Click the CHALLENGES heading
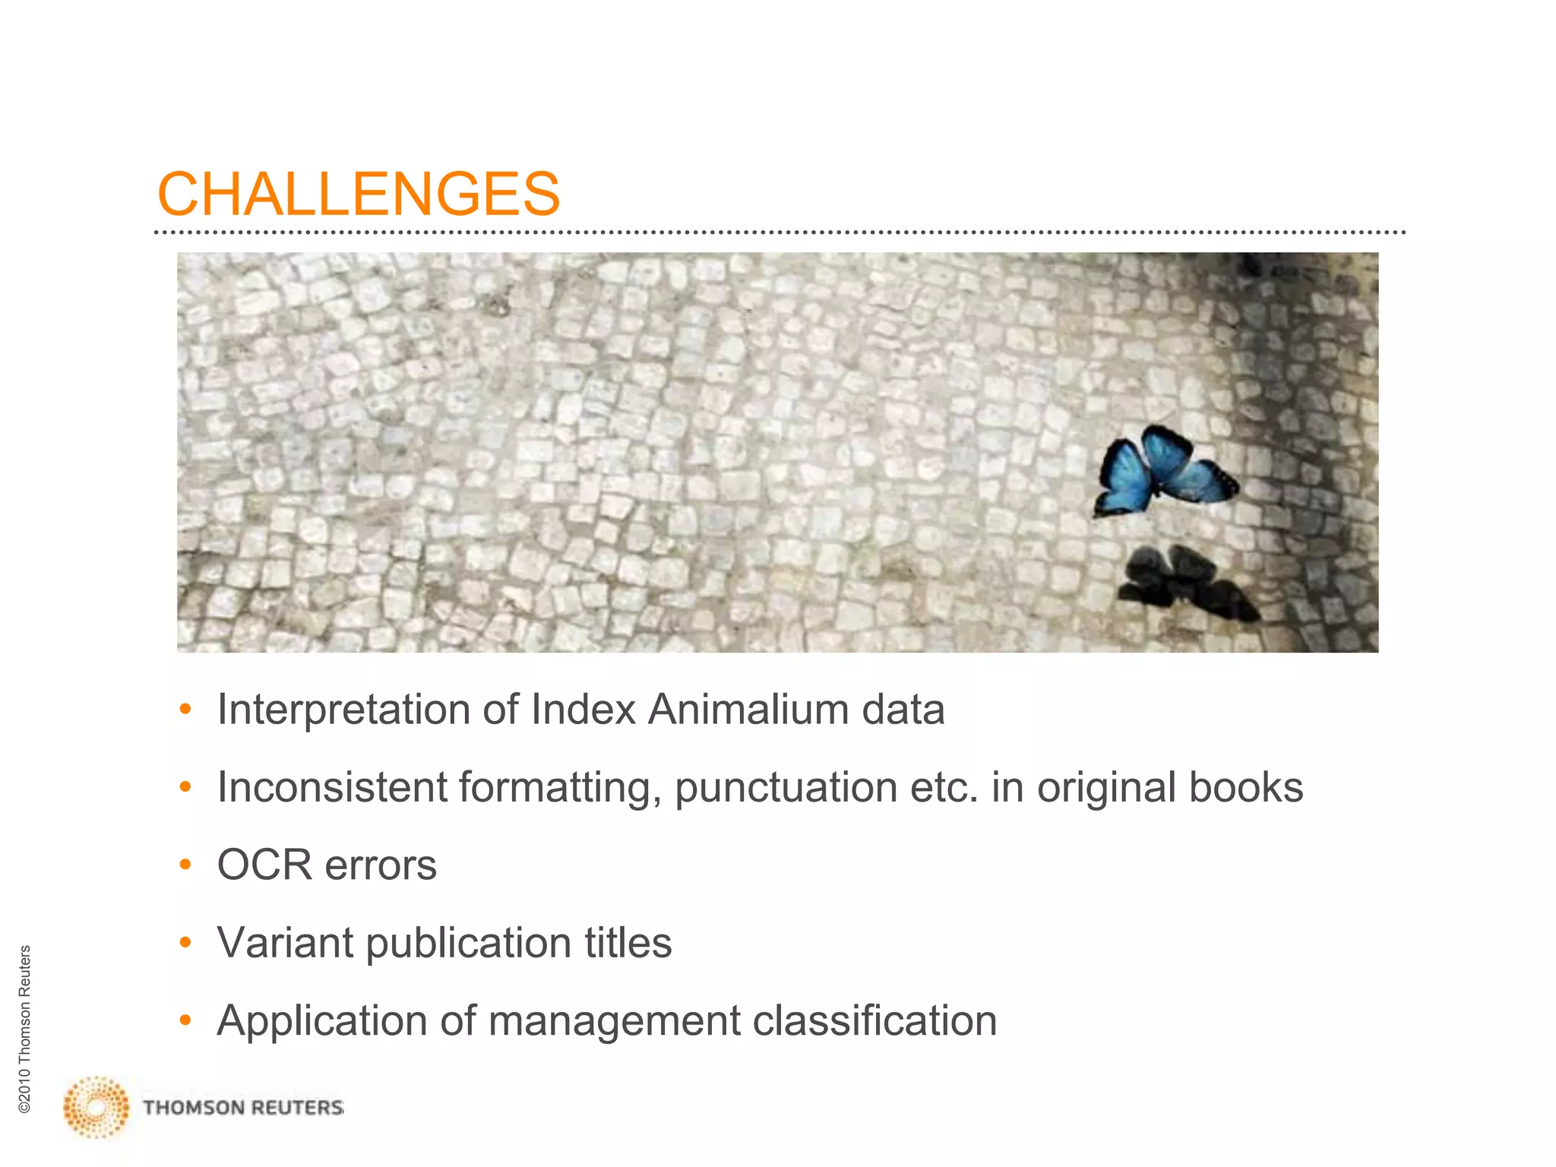tap(358, 194)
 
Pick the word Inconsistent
tap(332, 787)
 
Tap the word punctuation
tap(786, 788)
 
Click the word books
tap(1246, 787)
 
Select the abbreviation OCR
tap(264, 865)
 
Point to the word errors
tap(381, 866)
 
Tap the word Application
tap(321, 1021)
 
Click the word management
tap(614, 1021)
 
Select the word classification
tap(874, 1020)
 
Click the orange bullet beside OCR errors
tap(185, 865)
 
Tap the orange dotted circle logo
tap(96, 1107)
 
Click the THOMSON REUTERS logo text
tap(243, 1108)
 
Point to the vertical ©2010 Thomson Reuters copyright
tap(24, 1029)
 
